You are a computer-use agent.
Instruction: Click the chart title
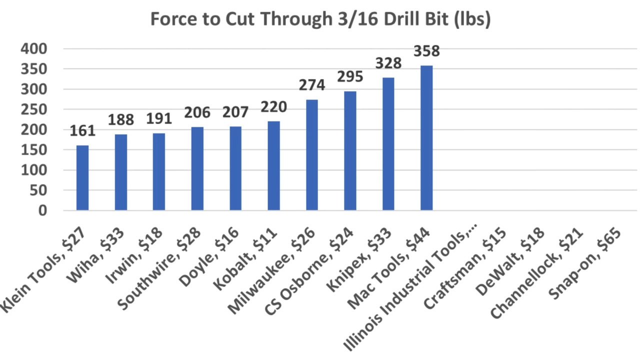click(x=320, y=20)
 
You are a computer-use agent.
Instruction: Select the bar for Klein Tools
click(x=82, y=177)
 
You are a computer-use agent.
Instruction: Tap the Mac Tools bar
click(x=426, y=137)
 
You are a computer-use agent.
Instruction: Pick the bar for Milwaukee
click(x=312, y=155)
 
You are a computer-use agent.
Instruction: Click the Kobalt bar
click(x=273, y=165)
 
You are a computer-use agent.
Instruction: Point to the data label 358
click(x=426, y=51)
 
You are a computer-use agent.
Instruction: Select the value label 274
click(x=312, y=85)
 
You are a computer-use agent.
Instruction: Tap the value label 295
click(x=350, y=77)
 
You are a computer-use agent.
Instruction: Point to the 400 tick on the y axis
click(x=34, y=49)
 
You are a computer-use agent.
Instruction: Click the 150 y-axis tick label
click(x=34, y=150)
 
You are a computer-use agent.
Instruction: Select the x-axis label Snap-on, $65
click(x=585, y=262)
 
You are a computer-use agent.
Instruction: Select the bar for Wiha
click(x=120, y=172)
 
